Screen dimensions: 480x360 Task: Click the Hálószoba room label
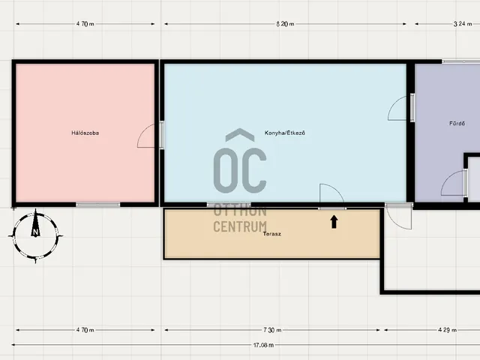point(85,133)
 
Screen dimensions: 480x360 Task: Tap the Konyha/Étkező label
point(285,133)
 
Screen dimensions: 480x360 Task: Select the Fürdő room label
point(457,123)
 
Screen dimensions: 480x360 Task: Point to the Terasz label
point(271,234)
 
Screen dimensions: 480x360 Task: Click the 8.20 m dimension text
point(285,24)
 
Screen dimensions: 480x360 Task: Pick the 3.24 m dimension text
point(463,24)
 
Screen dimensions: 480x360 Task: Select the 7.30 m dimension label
point(272,330)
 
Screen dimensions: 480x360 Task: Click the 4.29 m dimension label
point(447,330)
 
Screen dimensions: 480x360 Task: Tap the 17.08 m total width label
point(263,345)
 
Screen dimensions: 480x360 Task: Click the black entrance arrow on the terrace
point(334,222)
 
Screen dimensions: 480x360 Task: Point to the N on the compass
point(35,232)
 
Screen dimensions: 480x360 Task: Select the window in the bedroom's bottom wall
point(98,205)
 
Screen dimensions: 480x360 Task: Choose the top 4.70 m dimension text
point(85,24)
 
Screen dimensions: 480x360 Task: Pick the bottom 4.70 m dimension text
point(85,330)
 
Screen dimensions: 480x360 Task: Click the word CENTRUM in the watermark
point(240,226)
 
